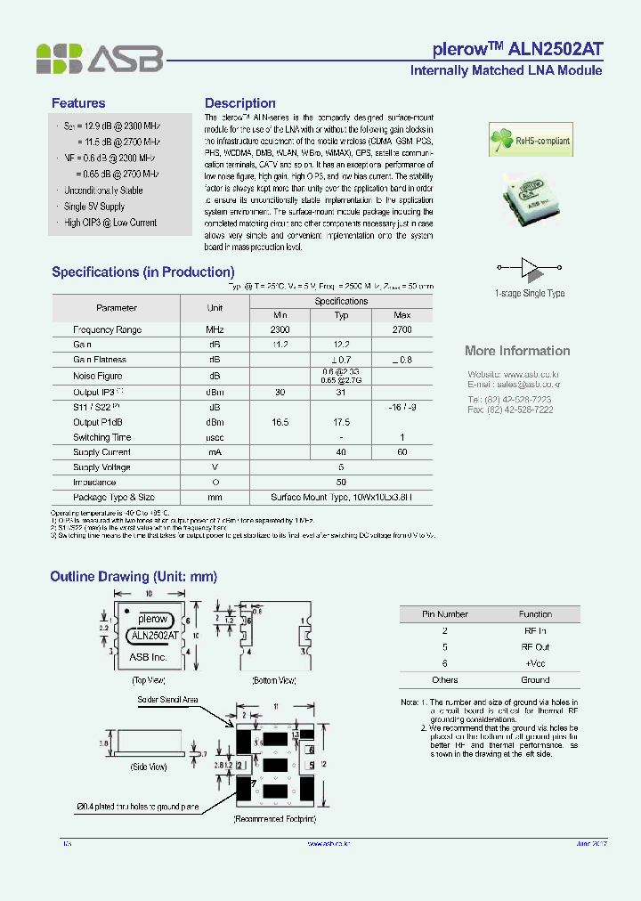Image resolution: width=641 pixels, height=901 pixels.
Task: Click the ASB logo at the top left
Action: [x=99, y=59]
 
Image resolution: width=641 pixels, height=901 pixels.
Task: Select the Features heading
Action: [x=78, y=103]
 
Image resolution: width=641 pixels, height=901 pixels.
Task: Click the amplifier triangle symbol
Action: [x=530, y=266]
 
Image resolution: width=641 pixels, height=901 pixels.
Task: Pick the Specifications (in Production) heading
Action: [x=142, y=272]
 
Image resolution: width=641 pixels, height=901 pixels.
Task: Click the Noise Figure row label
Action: [x=98, y=376]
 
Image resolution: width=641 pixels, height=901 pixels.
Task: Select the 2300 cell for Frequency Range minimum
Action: [x=280, y=329]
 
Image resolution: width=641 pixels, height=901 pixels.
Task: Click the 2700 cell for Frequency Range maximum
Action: [x=402, y=329]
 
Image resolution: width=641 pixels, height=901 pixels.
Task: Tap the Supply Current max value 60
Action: [x=402, y=452]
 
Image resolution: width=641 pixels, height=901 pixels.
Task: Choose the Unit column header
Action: [x=215, y=308]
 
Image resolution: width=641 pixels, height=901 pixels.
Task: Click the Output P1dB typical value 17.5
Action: [x=341, y=422]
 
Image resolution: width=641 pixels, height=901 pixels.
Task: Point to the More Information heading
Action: [x=517, y=351]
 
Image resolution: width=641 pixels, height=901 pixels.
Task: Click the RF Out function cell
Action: [x=535, y=647]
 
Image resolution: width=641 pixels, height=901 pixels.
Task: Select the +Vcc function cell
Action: [x=535, y=663]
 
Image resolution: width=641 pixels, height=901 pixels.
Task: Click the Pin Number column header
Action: [x=444, y=614]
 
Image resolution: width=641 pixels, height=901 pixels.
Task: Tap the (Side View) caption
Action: [x=149, y=767]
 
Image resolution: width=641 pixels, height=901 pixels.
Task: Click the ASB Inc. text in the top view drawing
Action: [x=149, y=657]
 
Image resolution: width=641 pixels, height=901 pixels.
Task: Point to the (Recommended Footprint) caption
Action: [x=274, y=818]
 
